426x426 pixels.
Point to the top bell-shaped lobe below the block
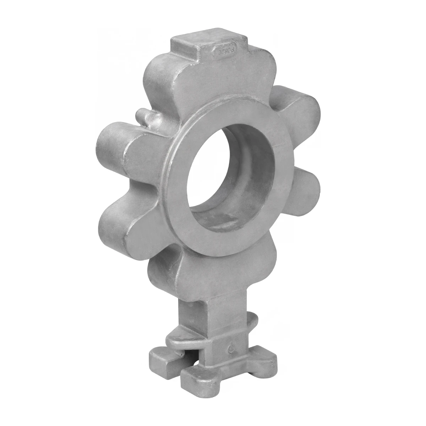[x=199, y=85]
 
